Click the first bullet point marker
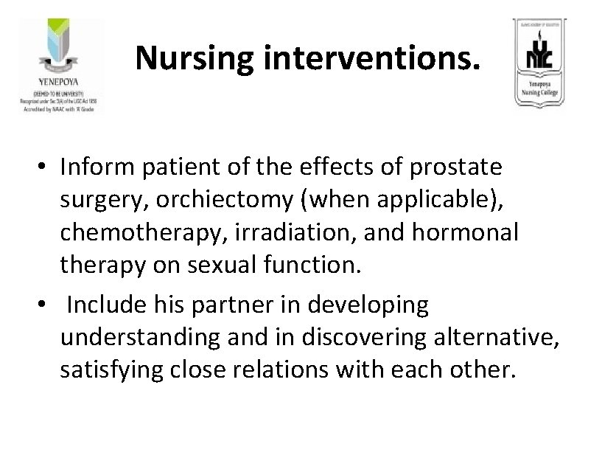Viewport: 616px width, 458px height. pyautogui.click(x=44, y=169)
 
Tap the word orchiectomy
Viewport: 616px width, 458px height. pyautogui.click(x=239, y=200)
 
